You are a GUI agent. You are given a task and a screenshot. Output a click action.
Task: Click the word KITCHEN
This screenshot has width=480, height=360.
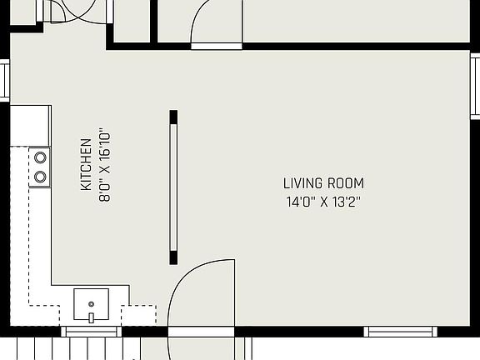[x=85, y=165]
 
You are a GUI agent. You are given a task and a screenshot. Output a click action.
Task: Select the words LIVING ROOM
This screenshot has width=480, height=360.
[x=323, y=183]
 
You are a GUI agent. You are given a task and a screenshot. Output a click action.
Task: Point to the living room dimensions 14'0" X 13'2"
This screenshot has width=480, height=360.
[x=323, y=201]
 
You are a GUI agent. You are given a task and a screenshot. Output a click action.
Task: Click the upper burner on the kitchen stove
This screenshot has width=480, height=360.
[x=39, y=157]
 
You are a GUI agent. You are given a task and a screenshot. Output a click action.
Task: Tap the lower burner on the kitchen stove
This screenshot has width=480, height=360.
[x=39, y=176]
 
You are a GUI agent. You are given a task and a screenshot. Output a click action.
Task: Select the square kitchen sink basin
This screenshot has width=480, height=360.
[x=91, y=303]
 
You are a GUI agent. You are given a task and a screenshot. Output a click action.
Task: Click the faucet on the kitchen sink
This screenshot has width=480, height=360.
[x=91, y=317]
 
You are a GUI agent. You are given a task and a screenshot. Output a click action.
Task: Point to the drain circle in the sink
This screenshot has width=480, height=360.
[x=91, y=302]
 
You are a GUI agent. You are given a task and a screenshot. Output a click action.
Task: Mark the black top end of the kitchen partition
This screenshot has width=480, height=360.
[x=173, y=116]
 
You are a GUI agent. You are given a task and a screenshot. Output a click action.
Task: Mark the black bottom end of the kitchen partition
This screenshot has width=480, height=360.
[x=173, y=256]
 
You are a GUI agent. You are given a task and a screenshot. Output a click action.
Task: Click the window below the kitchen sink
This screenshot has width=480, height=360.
[x=91, y=332]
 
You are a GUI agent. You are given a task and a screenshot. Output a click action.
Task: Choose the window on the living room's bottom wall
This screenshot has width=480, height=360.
[x=400, y=332]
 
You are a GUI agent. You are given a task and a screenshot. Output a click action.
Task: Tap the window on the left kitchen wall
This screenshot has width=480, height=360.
[x=4, y=82]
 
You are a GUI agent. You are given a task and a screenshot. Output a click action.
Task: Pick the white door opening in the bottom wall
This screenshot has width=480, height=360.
[x=201, y=332]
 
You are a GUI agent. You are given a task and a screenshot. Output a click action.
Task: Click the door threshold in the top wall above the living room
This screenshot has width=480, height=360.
[x=217, y=47]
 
